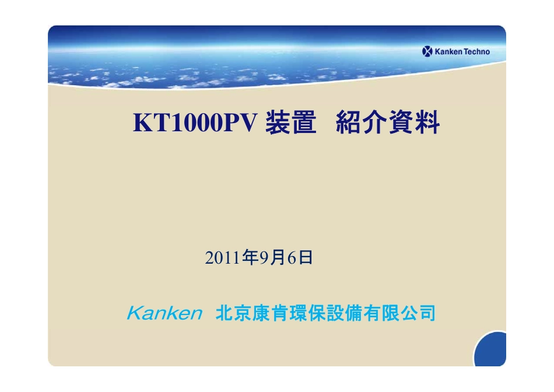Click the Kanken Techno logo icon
pos(427,52)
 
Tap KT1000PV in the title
pos(195,123)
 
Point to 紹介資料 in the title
pos(387,123)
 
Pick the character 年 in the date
pos(250,258)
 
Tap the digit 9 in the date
pos(262,258)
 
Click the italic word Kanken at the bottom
pos(164,314)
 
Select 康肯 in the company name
pos(270,314)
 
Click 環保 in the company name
pos(307,314)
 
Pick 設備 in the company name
pos(343,314)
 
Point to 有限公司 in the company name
pos(399,314)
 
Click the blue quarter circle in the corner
pos(492,352)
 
